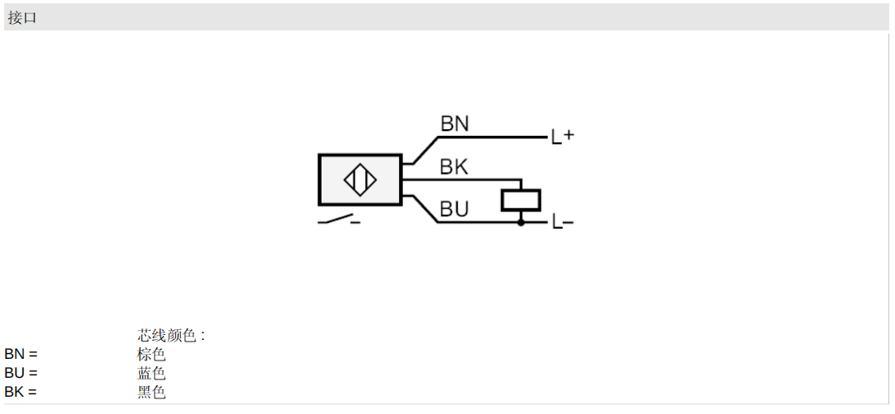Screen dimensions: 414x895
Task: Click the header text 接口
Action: click(x=22, y=17)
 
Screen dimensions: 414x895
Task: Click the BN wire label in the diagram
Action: click(x=454, y=123)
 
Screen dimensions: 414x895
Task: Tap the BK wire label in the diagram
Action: click(x=454, y=167)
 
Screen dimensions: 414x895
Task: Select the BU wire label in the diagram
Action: click(x=454, y=210)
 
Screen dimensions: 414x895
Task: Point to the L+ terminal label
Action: click(x=562, y=137)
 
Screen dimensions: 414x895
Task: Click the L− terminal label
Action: click(x=562, y=221)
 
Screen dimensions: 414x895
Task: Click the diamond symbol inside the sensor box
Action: click(x=360, y=180)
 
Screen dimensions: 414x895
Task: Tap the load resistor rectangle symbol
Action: click(x=521, y=199)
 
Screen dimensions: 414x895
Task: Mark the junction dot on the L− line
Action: click(x=521, y=222)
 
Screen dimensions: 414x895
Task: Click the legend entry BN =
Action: click(x=21, y=354)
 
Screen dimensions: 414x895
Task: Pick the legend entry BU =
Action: click(x=21, y=373)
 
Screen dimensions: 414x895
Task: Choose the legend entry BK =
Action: click(x=21, y=392)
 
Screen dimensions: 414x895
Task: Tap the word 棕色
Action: click(x=151, y=355)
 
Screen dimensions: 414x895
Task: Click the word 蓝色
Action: click(x=151, y=374)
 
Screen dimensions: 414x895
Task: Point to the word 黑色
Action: click(x=151, y=393)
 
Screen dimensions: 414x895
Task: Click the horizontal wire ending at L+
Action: click(x=494, y=137)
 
